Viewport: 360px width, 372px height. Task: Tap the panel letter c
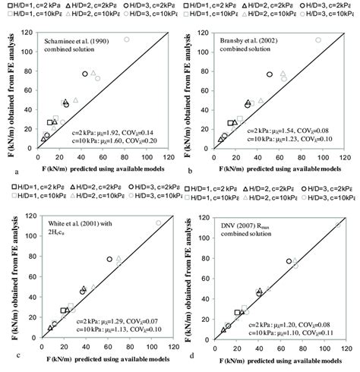click(8, 354)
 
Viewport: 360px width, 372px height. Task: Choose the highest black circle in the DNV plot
click(289, 261)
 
